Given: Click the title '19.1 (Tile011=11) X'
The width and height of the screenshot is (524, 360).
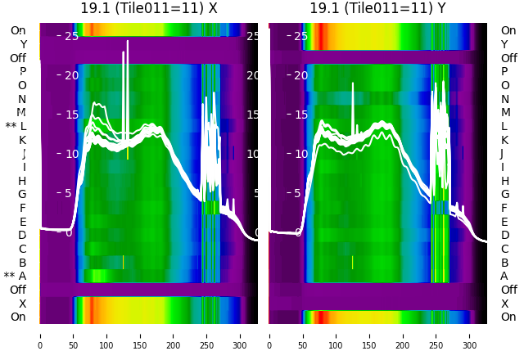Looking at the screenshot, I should tap(149, 8).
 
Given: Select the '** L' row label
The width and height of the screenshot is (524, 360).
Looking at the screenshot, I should tap(16, 126).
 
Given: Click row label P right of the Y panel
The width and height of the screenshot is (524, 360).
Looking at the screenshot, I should tap(504, 72).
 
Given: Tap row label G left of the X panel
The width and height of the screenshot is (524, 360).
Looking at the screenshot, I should tap(22, 194).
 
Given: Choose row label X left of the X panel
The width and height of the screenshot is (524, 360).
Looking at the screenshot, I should tap(22, 304).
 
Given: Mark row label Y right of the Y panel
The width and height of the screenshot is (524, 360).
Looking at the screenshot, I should tap(504, 44).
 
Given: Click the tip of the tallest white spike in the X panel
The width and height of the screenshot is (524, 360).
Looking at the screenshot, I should tap(128, 40).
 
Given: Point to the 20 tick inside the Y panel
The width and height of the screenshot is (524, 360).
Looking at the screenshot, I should tap(300, 75).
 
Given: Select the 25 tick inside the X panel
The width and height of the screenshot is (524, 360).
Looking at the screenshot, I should tap(71, 36).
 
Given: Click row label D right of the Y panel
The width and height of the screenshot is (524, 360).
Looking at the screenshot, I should tap(504, 236).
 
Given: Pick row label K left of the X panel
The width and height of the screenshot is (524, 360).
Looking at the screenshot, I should tap(22, 140).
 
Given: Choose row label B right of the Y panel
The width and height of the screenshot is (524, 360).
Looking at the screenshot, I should tap(504, 263).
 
